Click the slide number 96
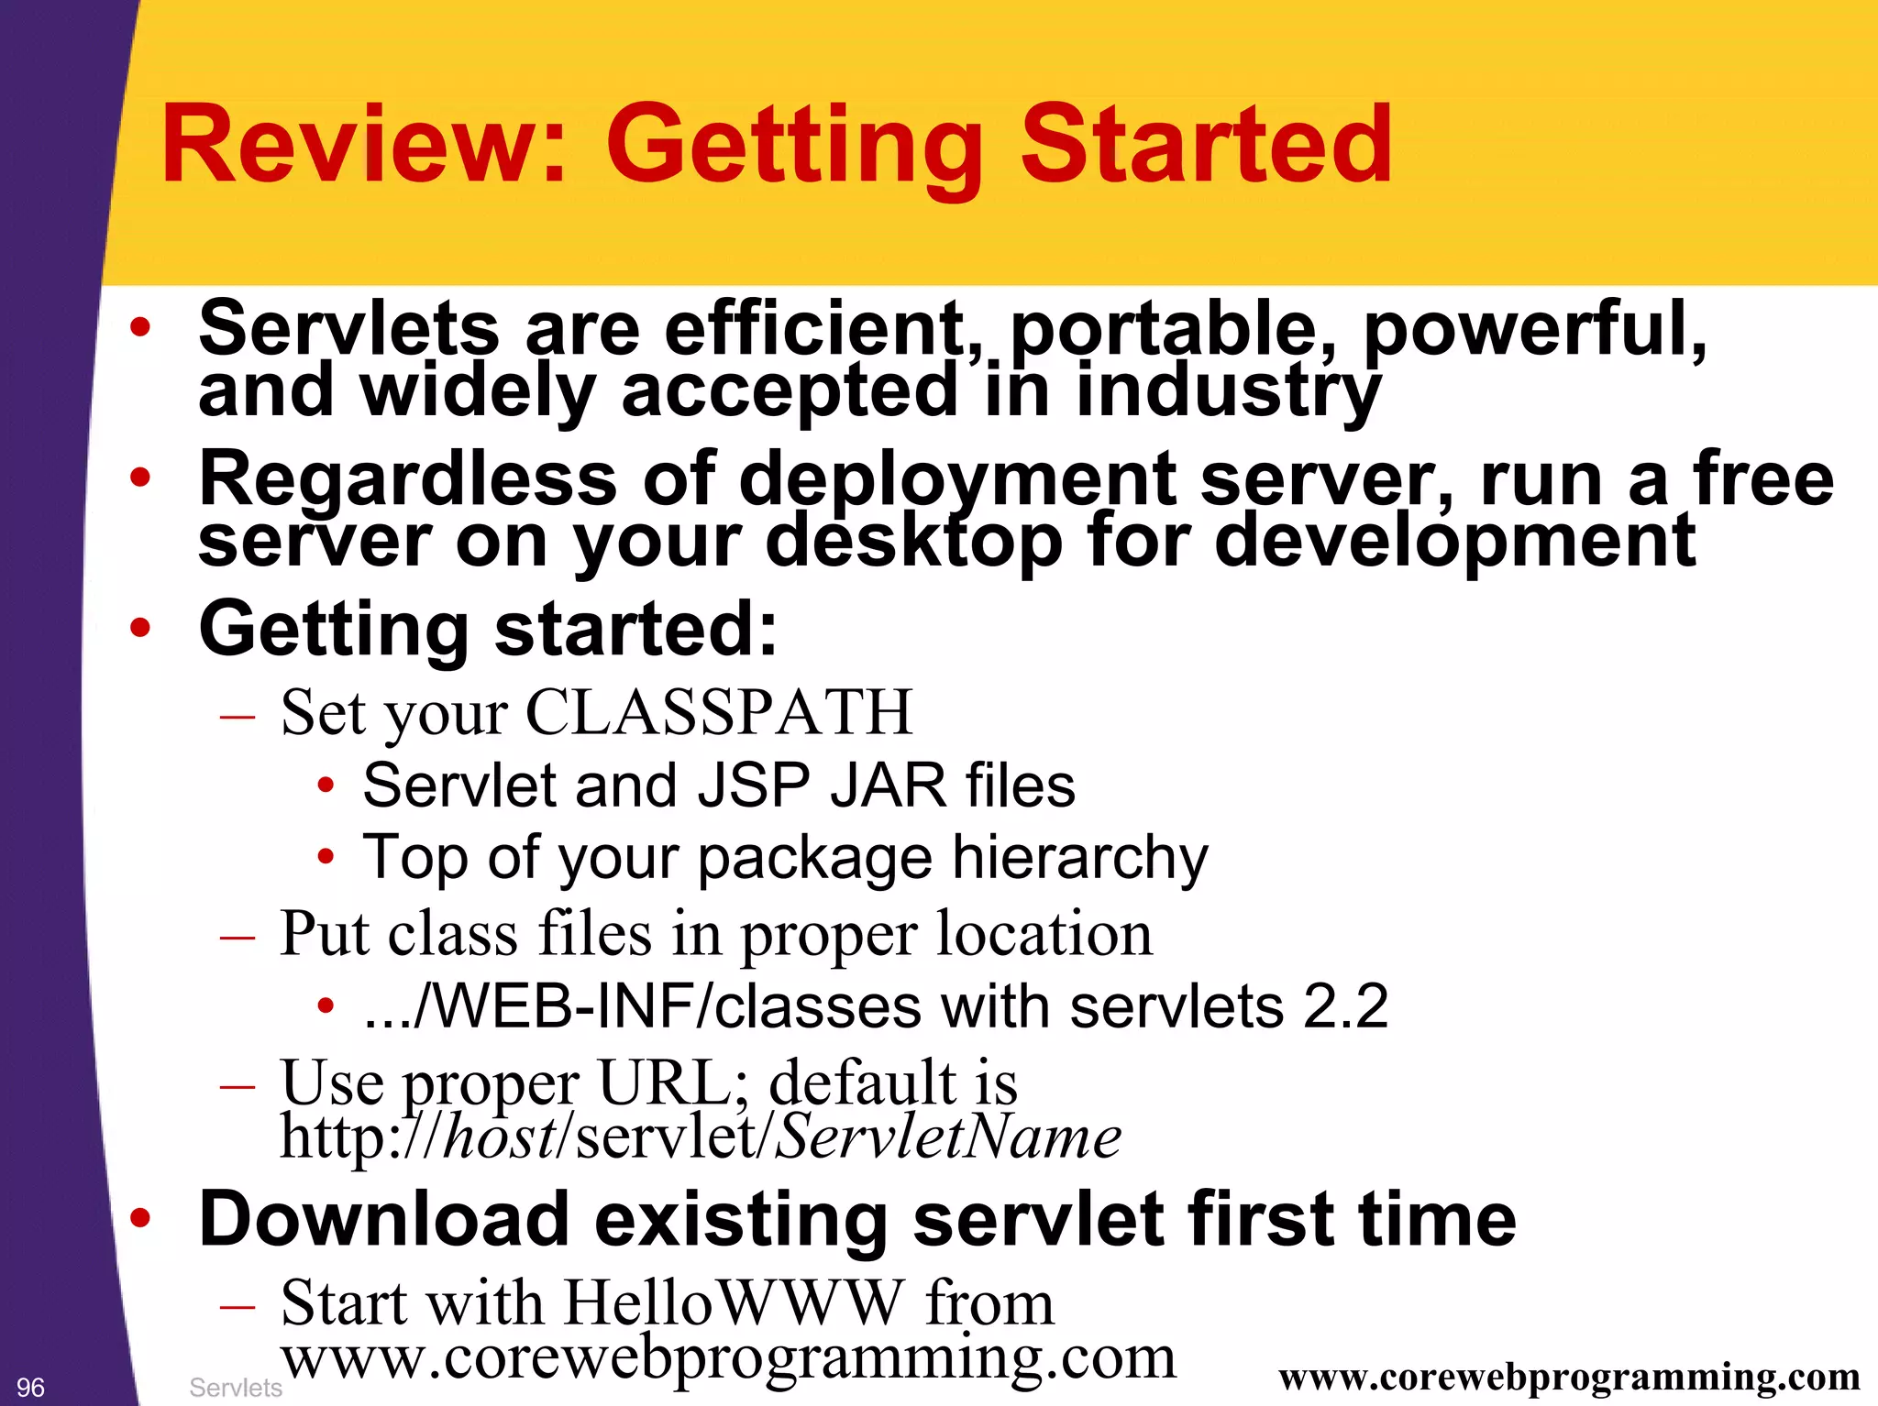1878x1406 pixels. click(30, 1387)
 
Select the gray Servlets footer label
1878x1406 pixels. click(235, 1388)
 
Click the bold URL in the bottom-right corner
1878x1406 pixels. click(1568, 1377)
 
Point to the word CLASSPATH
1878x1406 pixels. click(719, 712)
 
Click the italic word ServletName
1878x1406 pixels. click(948, 1137)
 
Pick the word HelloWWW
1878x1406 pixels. click(734, 1302)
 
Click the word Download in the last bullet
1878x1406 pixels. click(384, 1219)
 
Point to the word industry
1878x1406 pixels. click(1228, 390)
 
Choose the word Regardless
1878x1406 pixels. click(408, 479)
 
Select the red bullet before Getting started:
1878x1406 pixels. click(139, 629)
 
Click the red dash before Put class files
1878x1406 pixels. click(238, 938)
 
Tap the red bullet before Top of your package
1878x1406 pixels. click(326, 858)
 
